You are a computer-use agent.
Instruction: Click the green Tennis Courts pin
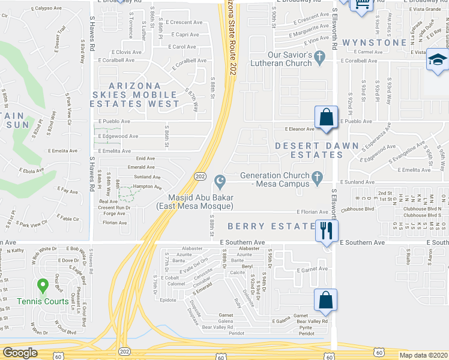pos(42,286)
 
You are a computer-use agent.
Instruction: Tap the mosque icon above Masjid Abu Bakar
pos(220,181)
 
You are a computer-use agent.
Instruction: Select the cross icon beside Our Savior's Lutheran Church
pos(320,58)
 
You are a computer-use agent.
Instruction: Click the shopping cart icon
pos(362,5)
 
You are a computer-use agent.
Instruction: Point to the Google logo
pos(20,353)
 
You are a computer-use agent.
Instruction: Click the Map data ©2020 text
pos(424,355)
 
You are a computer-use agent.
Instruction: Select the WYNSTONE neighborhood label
pos(376,43)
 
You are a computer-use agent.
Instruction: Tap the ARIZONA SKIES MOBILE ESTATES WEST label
pos(135,95)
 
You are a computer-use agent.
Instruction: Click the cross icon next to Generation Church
pos(320,176)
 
